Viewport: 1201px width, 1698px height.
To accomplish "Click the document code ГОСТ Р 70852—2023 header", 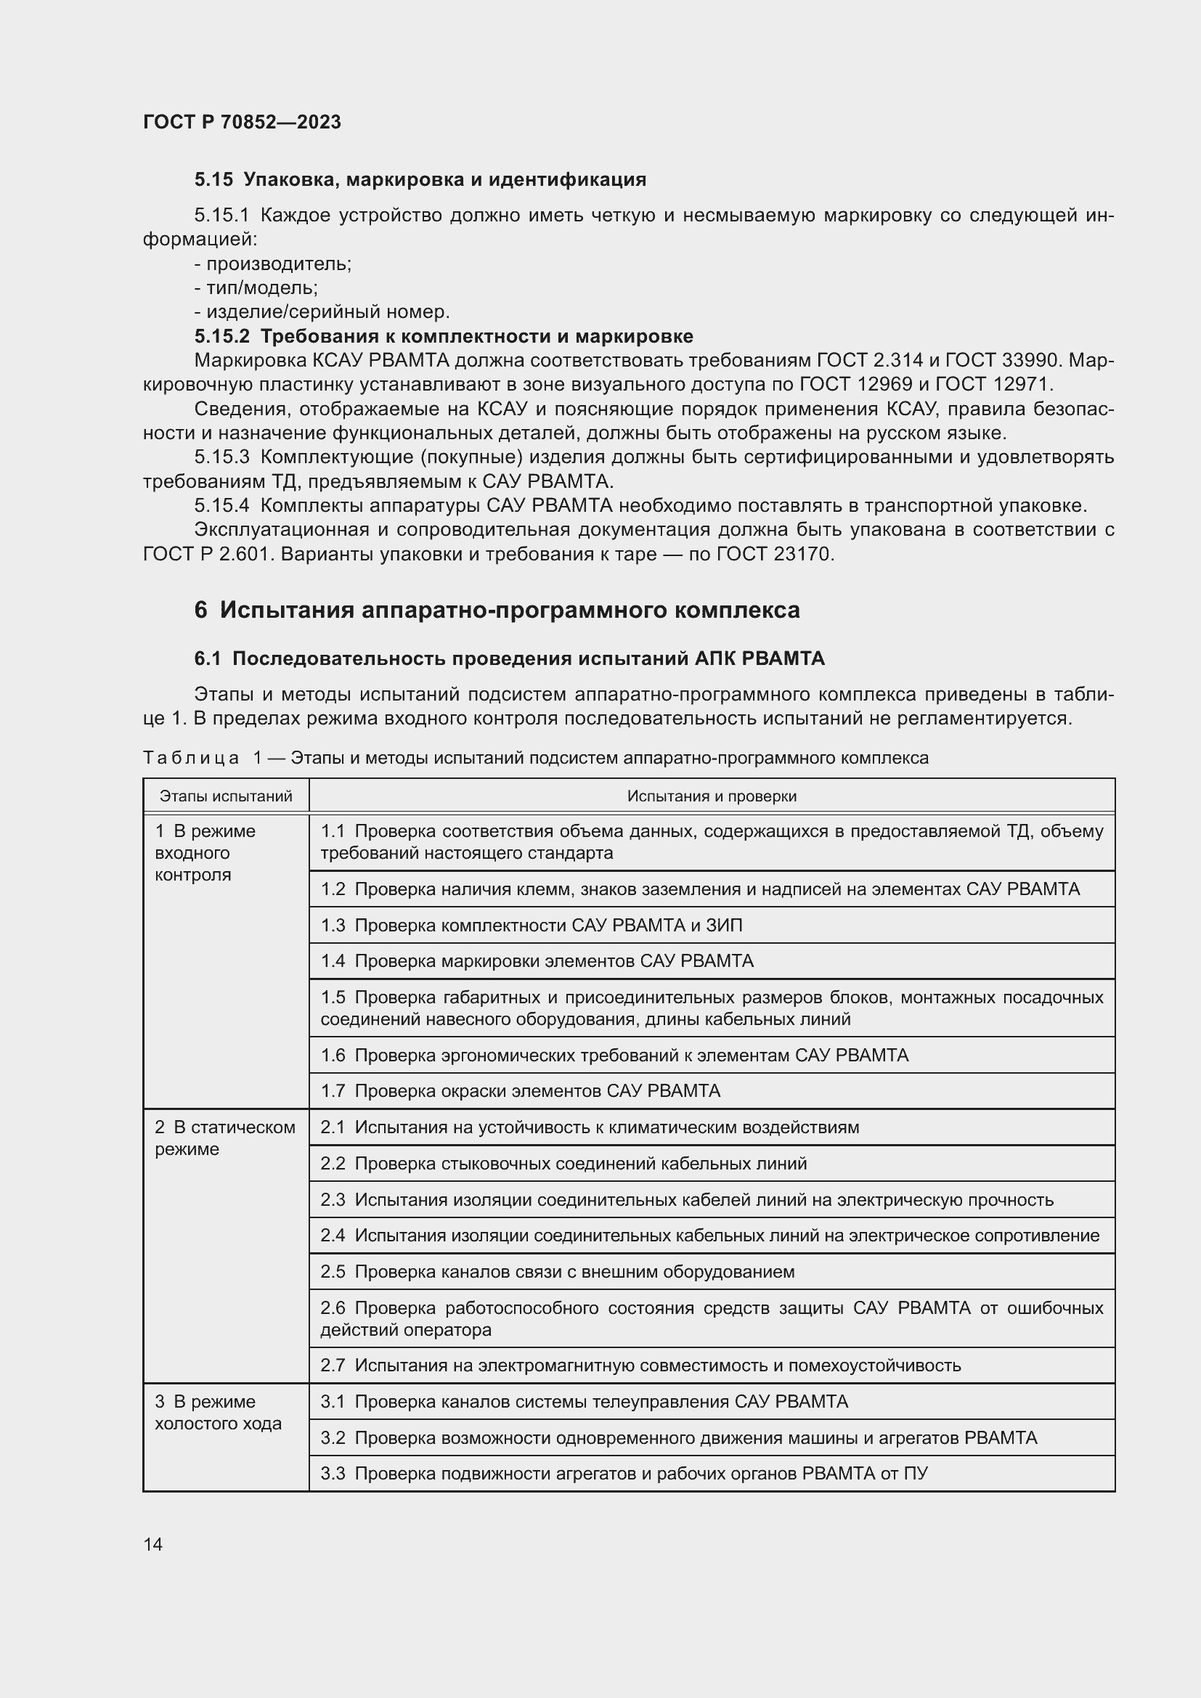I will point(242,122).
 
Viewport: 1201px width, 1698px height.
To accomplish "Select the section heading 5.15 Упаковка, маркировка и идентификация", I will point(420,179).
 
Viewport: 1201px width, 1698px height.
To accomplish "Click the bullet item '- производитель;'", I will point(273,264).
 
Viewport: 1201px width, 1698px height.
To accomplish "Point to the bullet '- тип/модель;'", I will point(256,287).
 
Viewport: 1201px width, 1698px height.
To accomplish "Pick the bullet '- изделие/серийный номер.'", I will point(322,311).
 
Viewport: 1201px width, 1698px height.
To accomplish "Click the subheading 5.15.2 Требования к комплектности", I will point(444,336).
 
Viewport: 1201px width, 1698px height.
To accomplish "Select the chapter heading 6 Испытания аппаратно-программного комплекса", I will point(497,610).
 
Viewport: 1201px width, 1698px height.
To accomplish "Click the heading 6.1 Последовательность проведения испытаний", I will point(509,658).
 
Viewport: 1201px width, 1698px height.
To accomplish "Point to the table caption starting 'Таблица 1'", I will point(535,757).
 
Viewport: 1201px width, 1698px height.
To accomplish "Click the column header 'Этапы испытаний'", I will point(226,796).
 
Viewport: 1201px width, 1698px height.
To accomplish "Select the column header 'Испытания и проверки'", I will point(712,796).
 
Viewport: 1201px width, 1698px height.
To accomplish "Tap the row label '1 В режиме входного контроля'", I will point(205,853).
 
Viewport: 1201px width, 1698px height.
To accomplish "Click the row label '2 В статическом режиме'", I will point(224,1138).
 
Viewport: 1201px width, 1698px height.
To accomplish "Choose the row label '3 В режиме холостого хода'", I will point(217,1413).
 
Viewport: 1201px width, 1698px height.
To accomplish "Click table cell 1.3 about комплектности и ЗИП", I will point(531,925).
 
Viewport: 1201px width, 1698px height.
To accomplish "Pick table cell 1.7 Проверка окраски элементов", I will point(520,1091).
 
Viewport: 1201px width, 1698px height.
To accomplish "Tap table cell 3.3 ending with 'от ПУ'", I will point(624,1473).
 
